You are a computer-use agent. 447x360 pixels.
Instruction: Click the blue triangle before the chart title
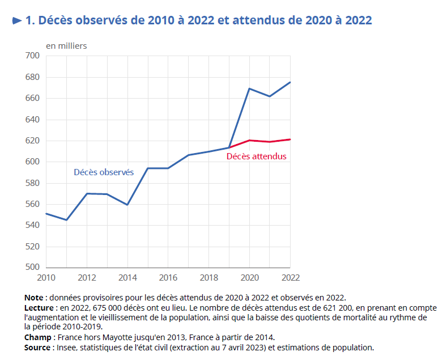(17, 21)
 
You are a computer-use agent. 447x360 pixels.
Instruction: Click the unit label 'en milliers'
(66, 46)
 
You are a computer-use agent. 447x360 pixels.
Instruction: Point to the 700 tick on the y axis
(32, 56)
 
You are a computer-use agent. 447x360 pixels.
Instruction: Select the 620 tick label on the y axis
(32, 141)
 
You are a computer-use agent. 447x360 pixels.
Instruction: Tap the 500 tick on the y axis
(32, 268)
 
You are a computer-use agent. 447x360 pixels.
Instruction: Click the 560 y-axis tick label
(32, 204)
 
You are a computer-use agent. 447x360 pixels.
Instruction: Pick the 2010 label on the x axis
(46, 278)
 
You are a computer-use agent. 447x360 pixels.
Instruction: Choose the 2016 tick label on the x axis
(168, 278)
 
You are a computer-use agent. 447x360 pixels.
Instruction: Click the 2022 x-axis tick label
(290, 278)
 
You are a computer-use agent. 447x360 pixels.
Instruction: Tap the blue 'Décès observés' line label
(104, 172)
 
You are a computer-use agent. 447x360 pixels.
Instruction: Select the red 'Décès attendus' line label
(256, 156)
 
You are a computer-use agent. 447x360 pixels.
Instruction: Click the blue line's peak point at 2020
(249, 88)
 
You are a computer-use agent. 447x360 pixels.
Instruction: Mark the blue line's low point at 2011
(66, 220)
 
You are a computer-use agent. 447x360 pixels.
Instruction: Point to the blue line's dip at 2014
(127, 205)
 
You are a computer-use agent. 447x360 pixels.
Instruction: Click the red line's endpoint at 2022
(290, 139)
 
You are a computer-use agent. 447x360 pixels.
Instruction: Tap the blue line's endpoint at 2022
(290, 82)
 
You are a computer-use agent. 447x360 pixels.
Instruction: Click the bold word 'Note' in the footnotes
(34, 298)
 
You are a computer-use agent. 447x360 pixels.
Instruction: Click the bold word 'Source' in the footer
(38, 347)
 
